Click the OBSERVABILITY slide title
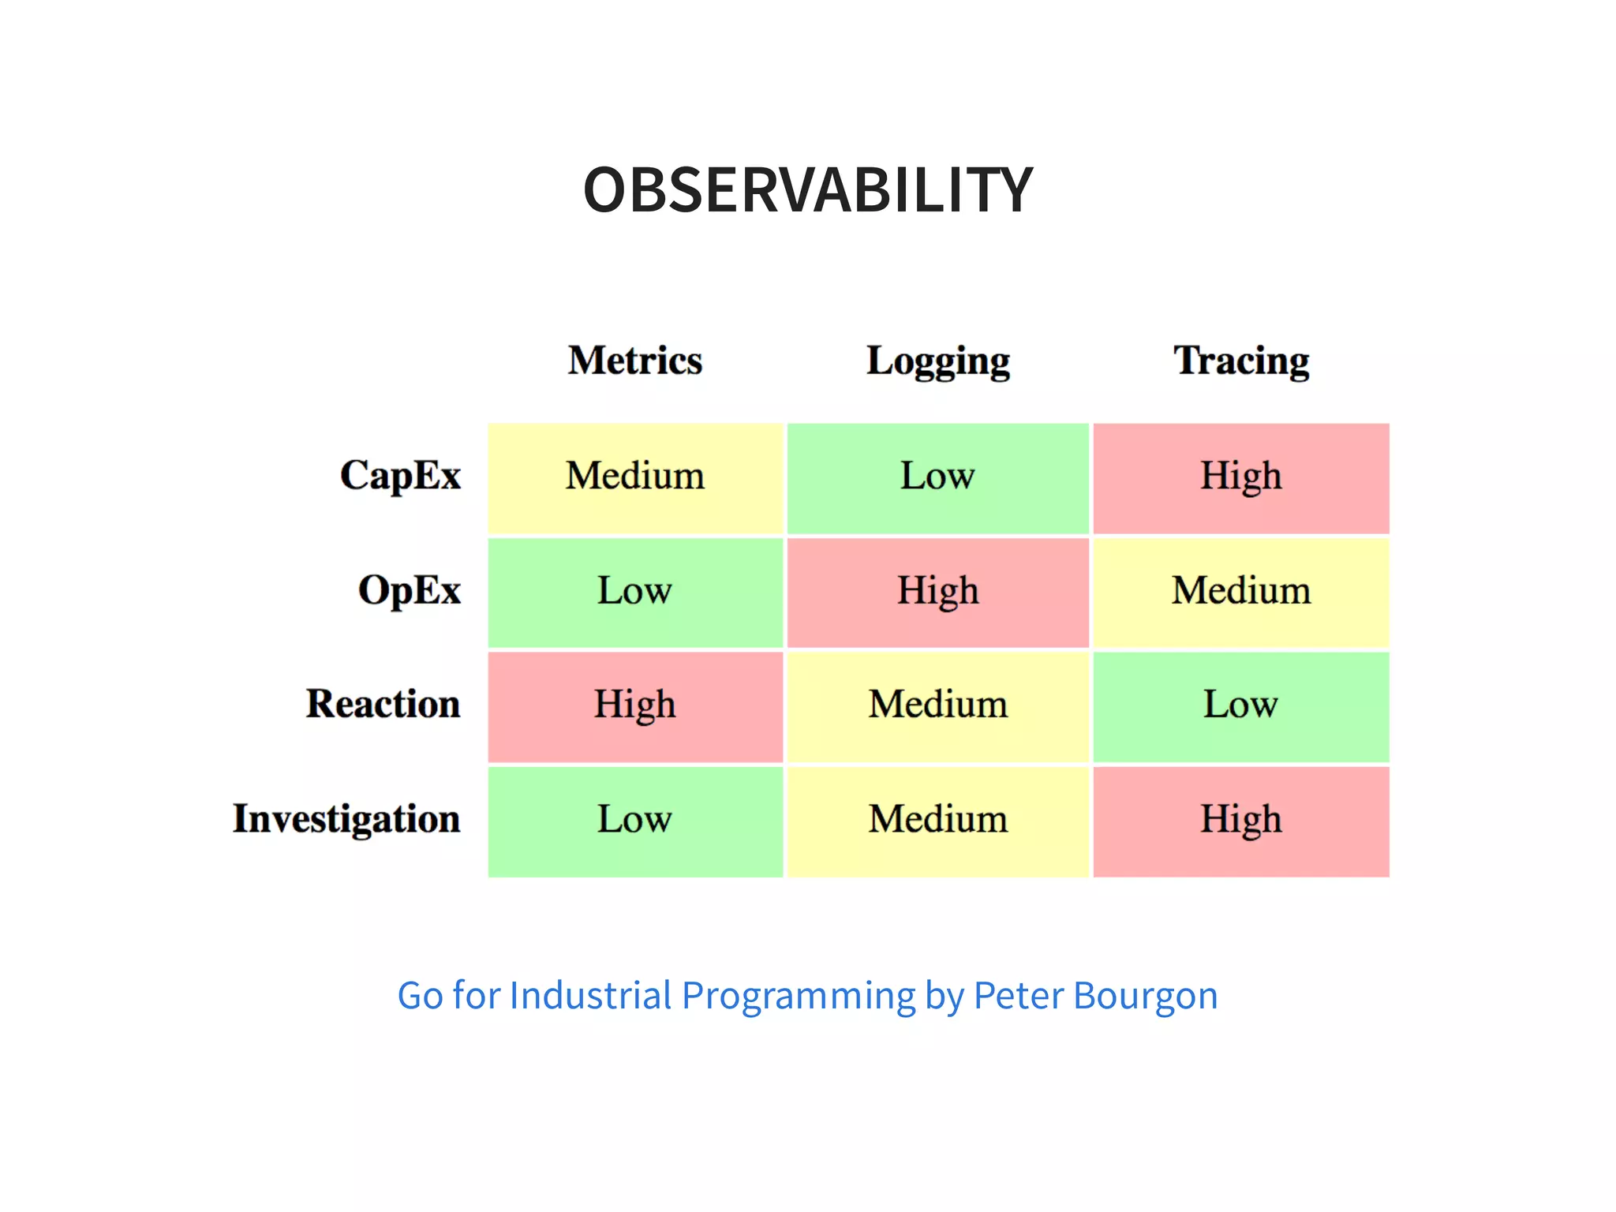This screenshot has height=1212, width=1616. click(807, 190)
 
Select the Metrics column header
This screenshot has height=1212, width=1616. click(635, 361)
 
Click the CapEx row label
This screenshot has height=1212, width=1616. click(400, 476)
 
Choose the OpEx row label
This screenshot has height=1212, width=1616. click(409, 590)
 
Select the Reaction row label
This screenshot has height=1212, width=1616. click(383, 704)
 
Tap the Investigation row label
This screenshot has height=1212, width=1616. click(346, 819)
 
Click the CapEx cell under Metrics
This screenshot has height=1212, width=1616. click(635, 478)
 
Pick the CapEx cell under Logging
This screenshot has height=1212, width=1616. click(937, 478)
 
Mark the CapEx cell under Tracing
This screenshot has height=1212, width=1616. click(1241, 478)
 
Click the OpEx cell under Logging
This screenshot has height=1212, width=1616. click(937, 592)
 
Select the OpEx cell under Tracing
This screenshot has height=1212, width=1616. click(1241, 592)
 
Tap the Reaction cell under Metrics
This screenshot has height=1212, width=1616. click(635, 706)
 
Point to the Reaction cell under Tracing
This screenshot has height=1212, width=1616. click(1241, 706)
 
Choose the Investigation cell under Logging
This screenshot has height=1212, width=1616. click(937, 821)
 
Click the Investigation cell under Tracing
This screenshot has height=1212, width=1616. click(1241, 821)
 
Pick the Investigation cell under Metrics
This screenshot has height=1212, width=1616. click(635, 821)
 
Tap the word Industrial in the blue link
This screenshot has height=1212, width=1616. click(590, 995)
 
